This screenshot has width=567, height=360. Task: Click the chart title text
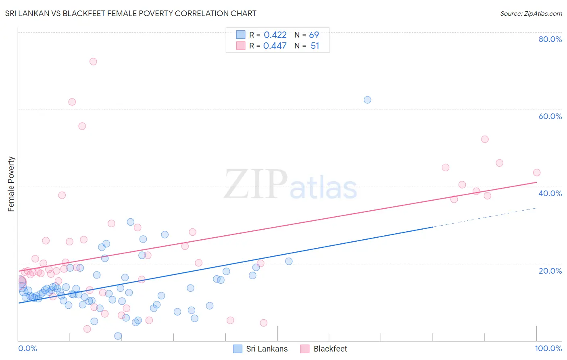131,13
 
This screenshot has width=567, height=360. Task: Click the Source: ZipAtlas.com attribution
531,13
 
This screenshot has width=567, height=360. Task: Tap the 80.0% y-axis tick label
550,39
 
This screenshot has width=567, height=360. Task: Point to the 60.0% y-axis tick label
550,116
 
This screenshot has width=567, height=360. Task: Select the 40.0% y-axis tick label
550,193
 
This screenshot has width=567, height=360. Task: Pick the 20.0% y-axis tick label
550,271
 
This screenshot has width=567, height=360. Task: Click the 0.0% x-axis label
27,348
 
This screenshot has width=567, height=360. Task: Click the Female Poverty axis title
11,184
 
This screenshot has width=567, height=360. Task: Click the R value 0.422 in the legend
275,35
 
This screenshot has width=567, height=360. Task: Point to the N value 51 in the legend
315,46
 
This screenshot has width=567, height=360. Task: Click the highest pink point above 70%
93,62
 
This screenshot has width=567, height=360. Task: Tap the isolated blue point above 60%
367,100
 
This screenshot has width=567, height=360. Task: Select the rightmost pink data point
537,173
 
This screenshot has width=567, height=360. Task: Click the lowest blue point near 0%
118,336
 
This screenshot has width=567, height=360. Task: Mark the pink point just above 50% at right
485,139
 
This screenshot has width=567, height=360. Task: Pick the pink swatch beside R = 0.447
241,46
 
